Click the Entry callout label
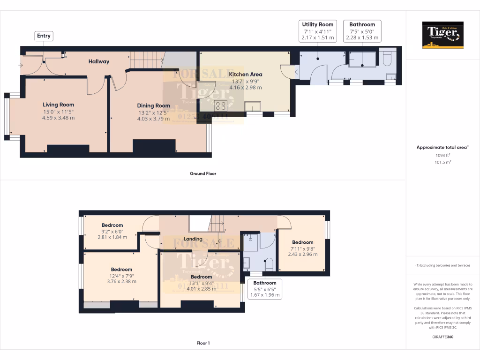tap(44, 36)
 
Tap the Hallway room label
tap(99, 61)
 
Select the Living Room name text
tap(59, 105)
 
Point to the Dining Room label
tap(153, 105)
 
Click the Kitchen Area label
tap(246, 74)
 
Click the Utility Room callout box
tap(317, 31)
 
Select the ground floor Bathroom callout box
tap(362, 31)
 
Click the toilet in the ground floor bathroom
tap(387, 59)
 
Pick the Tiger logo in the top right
tap(442, 35)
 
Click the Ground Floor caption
tap(202, 173)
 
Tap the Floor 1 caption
tap(203, 343)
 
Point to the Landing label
tap(193, 239)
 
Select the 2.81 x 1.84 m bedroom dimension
tap(112, 237)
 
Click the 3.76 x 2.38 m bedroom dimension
tap(121, 281)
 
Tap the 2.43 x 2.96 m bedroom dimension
tap(302, 255)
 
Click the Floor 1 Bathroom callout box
tap(265, 289)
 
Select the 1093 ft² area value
tap(442, 155)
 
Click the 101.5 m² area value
tap(442, 162)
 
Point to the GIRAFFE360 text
tap(442, 337)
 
